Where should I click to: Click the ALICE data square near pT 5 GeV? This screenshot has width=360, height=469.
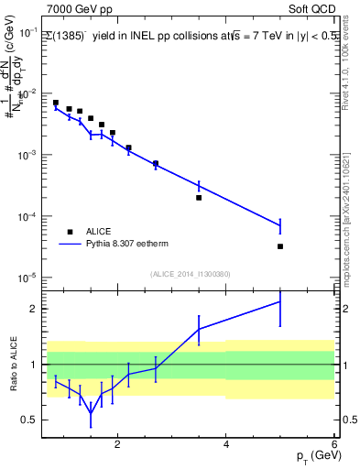[x=280, y=246]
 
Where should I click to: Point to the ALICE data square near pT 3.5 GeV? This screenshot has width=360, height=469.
[x=199, y=197]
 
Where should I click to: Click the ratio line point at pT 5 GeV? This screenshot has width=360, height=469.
[x=280, y=301]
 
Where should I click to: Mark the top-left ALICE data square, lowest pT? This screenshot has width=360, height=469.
[x=56, y=103]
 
